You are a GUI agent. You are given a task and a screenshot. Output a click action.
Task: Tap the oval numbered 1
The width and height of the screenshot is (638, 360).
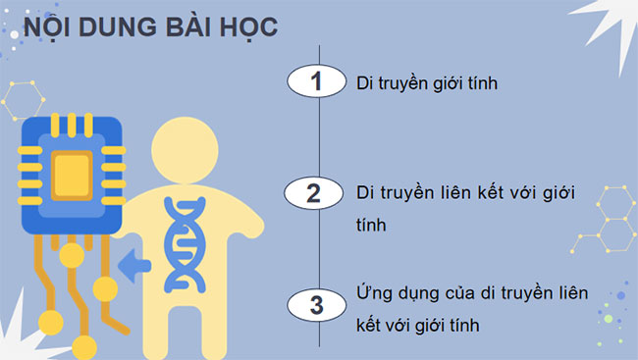click(x=315, y=82)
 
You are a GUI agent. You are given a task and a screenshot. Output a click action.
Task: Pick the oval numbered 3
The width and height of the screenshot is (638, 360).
click(x=315, y=304)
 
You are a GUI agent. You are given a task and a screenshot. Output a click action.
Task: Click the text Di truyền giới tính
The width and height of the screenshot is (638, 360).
click(x=427, y=83)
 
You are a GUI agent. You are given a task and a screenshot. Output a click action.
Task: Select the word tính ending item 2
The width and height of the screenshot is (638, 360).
click(x=371, y=225)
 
